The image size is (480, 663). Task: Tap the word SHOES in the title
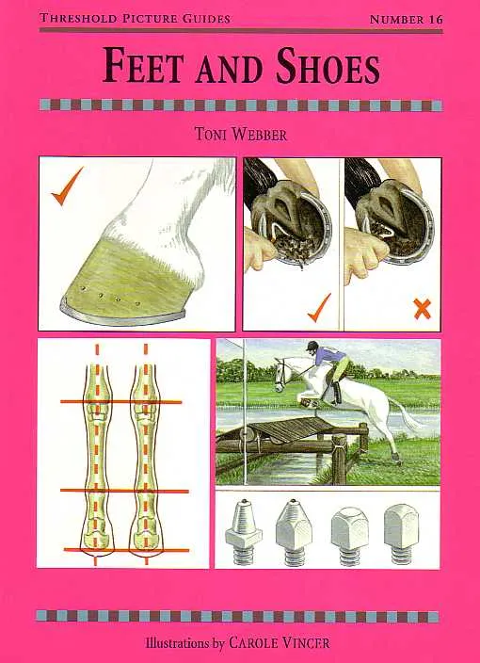328,67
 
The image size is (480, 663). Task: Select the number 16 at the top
434,20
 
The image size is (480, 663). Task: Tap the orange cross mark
422,309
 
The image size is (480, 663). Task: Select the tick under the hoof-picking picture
319,308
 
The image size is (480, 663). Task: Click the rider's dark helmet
312,346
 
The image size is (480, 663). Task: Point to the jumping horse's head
281,375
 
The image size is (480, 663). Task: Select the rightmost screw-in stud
401,534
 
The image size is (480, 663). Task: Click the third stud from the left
350,535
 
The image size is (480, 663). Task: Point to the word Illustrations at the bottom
177,643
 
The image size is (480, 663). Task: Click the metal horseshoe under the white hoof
122,314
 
